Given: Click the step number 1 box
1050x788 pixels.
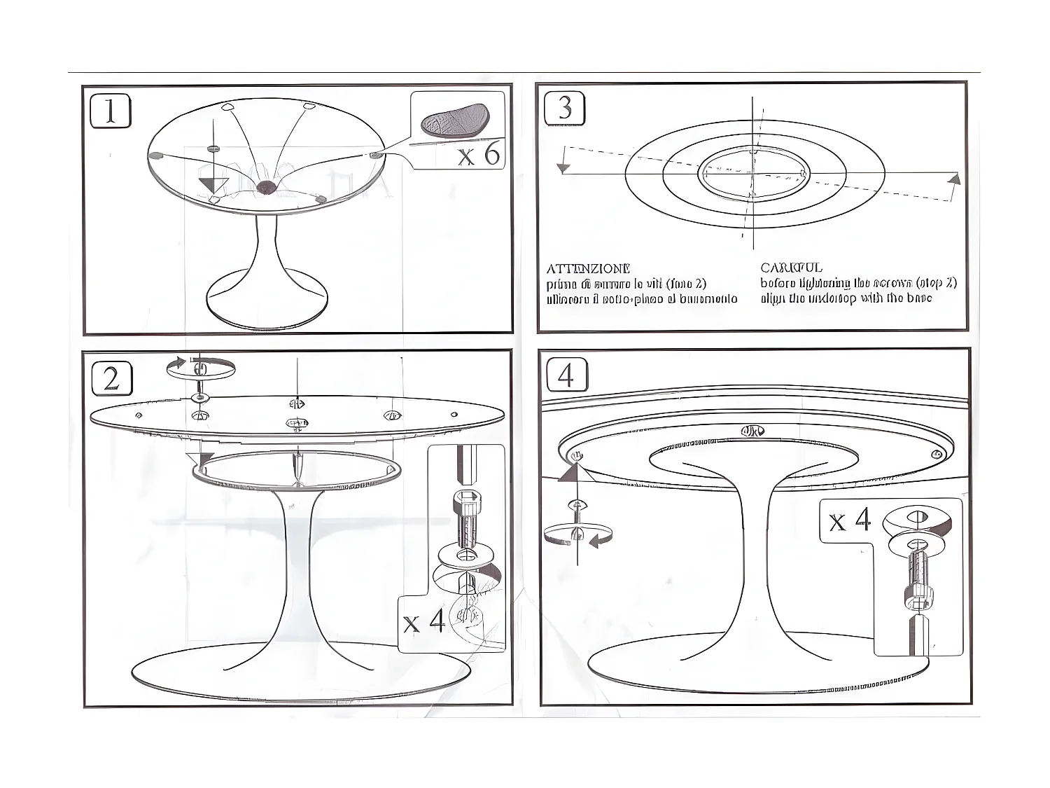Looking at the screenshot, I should click(111, 111).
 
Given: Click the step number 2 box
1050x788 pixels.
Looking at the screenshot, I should click(112, 378).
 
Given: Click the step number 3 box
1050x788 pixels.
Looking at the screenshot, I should click(564, 109).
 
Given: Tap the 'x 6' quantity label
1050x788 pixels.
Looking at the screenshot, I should click(479, 153).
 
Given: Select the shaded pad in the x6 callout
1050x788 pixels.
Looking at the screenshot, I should click(455, 120).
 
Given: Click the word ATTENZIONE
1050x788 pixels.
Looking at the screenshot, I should click(588, 268).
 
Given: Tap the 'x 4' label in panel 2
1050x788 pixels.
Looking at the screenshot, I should click(424, 621).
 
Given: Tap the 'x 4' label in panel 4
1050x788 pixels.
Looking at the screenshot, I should click(850, 520).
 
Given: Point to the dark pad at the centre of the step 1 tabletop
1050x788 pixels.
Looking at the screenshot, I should click(265, 186).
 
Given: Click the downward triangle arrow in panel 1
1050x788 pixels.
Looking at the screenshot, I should click(213, 185).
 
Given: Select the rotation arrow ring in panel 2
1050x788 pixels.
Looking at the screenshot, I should click(200, 368).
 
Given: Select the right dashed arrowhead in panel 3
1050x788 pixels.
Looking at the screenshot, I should click(953, 179).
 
